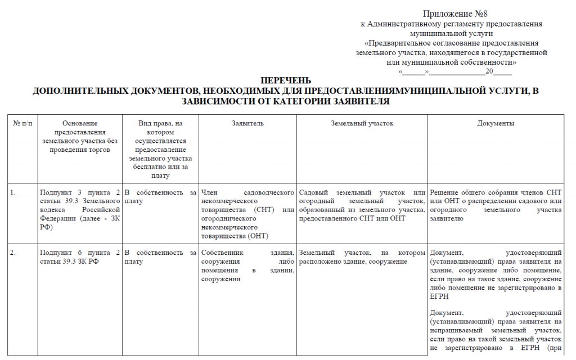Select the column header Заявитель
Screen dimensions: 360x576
click(x=247, y=123)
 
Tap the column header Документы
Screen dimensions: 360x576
click(x=496, y=123)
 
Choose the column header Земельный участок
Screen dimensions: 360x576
click(x=362, y=123)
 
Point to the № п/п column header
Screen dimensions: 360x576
click(x=23, y=123)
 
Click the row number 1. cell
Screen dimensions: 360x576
click(x=13, y=193)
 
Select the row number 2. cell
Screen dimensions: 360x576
click(x=13, y=253)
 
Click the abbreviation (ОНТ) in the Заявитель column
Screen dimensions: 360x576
click(x=257, y=236)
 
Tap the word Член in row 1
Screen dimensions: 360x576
click(x=209, y=193)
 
